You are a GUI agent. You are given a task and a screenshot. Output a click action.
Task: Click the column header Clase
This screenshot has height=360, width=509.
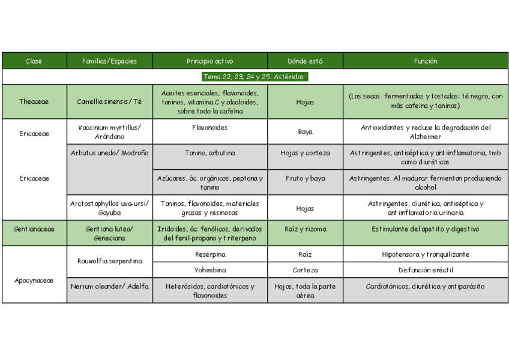(34, 61)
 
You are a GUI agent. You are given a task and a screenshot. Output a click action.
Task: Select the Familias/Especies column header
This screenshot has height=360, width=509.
(109, 61)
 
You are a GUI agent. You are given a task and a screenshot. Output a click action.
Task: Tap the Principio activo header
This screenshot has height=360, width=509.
(210, 61)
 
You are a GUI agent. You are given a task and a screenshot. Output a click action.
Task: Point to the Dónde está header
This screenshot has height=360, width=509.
(305, 61)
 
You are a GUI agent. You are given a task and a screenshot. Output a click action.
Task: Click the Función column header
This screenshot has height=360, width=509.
(426, 61)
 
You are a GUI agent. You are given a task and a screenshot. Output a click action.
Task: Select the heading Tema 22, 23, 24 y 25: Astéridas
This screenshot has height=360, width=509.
(254, 77)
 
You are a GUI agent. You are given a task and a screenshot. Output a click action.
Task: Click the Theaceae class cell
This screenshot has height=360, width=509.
(34, 102)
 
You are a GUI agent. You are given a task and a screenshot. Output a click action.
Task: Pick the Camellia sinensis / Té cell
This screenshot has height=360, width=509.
(109, 102)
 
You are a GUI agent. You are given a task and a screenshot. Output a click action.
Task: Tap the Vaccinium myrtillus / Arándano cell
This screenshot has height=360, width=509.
(109, 132)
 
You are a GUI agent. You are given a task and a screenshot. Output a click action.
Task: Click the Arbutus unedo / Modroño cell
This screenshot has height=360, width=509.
(109, 153)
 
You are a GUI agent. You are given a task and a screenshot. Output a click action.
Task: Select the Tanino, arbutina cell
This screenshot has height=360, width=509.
(210, 153)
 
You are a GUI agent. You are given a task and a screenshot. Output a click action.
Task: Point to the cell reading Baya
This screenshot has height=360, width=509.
(305, 132)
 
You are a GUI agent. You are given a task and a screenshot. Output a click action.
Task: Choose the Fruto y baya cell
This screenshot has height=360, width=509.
(305, 179)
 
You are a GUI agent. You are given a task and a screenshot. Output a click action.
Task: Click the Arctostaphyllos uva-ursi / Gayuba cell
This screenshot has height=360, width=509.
(109, 208)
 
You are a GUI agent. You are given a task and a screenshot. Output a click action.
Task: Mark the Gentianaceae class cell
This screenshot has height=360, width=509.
(34, 229)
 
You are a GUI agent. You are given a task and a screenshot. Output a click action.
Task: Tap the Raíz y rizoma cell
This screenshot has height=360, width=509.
(305, 229)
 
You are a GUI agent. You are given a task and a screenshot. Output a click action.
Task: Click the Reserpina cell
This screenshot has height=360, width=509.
(210, 254)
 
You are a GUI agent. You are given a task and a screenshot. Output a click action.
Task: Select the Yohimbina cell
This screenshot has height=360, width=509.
(210, 270)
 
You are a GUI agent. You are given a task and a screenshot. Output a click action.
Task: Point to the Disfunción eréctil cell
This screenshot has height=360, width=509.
(426, 270)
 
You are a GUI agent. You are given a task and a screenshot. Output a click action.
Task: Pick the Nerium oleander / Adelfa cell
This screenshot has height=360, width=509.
(109, 286)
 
